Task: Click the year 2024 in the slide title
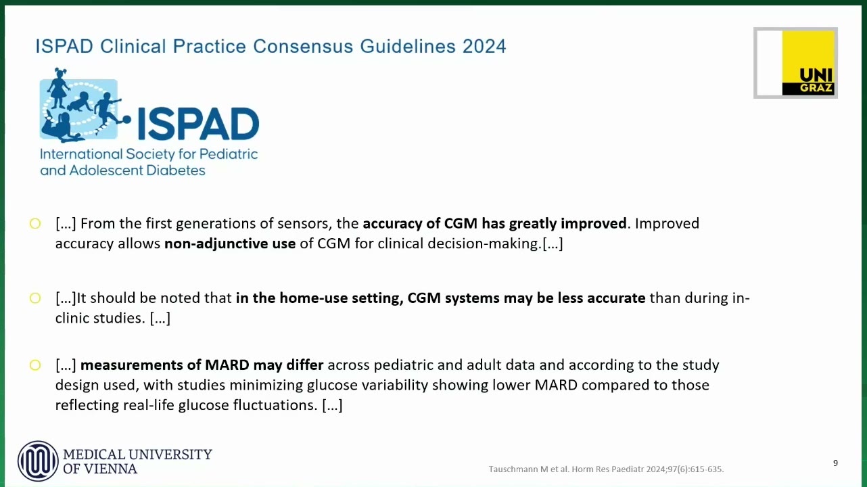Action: point(484,46)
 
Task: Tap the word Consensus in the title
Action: point(303,46)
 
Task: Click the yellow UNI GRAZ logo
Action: point(808,63)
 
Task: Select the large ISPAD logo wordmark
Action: point(198,124)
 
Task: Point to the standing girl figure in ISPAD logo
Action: point(58,88)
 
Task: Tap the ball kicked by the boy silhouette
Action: point(126,119)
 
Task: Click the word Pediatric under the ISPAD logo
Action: point(229,154)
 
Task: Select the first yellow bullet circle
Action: point(35,224)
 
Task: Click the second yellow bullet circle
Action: point(35,298)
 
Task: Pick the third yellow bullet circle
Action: point(35,365)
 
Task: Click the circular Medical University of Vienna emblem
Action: point(38,461)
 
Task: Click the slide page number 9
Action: point(836,463)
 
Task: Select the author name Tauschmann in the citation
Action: point(513,469)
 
